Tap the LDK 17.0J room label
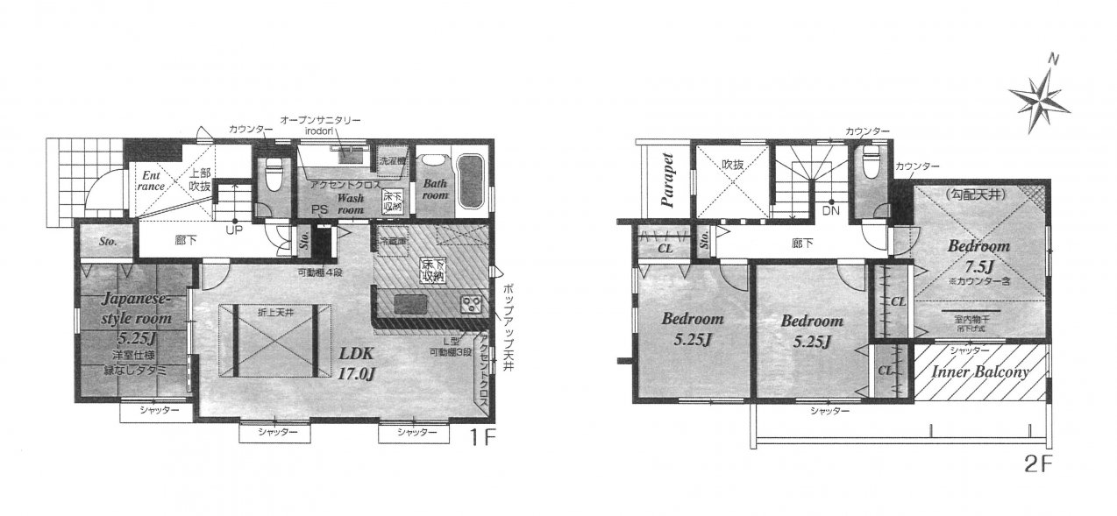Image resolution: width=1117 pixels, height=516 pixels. pyautogui.click(x=358, y=362)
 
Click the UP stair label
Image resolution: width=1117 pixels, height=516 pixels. pyautogui.click(x=234, y=230)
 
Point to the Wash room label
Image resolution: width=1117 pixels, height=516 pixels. pyautogui.click(x=351, y=204)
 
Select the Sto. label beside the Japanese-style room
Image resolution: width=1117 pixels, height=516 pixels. pyautogui.click(x=108, y=240)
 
